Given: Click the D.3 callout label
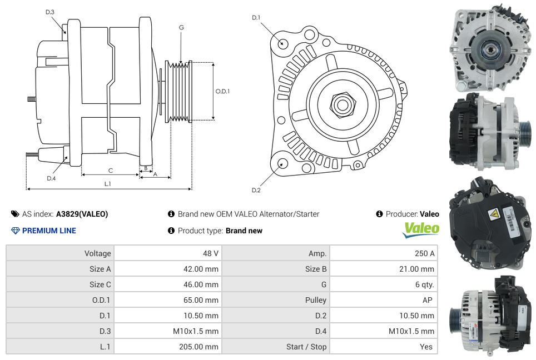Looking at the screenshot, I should click(50, 12).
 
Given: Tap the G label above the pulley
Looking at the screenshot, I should click(181, 27).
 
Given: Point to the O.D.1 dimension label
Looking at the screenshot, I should click(222, 91).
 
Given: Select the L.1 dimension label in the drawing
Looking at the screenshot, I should click(108, 183).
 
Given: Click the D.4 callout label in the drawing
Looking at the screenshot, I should click(51, 178).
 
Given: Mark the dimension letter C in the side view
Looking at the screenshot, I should click(111, 170).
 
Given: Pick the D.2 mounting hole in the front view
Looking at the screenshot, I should click(282, 163).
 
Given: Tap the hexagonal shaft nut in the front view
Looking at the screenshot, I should click(341, 104).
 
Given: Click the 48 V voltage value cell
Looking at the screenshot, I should click(211, 253).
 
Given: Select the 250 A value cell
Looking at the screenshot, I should click(425, 253).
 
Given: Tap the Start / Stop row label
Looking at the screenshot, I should click(306, 347).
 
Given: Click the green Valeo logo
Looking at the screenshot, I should click(421, 229).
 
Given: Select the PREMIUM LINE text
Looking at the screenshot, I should click(49, 231).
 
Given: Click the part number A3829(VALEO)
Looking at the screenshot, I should click(82, 214).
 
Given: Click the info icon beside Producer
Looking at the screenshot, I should click(379, 214).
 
